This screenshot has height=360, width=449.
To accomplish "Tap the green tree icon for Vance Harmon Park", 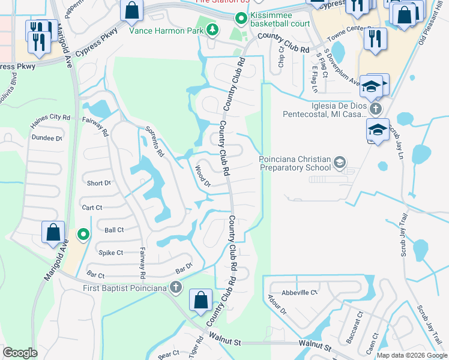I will tap(211, 30).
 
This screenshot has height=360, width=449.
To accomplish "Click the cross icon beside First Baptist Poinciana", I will tap(176, 287).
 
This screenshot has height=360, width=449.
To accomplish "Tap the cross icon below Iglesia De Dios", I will tap(376, 109).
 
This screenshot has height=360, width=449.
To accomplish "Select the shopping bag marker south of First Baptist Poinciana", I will tap(200, 300).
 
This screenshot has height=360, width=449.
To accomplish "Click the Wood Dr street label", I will tap(202, 176).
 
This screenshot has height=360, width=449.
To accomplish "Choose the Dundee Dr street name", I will tap(46, 137).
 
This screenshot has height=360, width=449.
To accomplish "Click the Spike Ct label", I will tap(111, 253).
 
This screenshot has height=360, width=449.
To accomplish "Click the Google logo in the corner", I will tap(20, 353).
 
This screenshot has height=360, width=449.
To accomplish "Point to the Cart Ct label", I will tap(92, 207).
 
